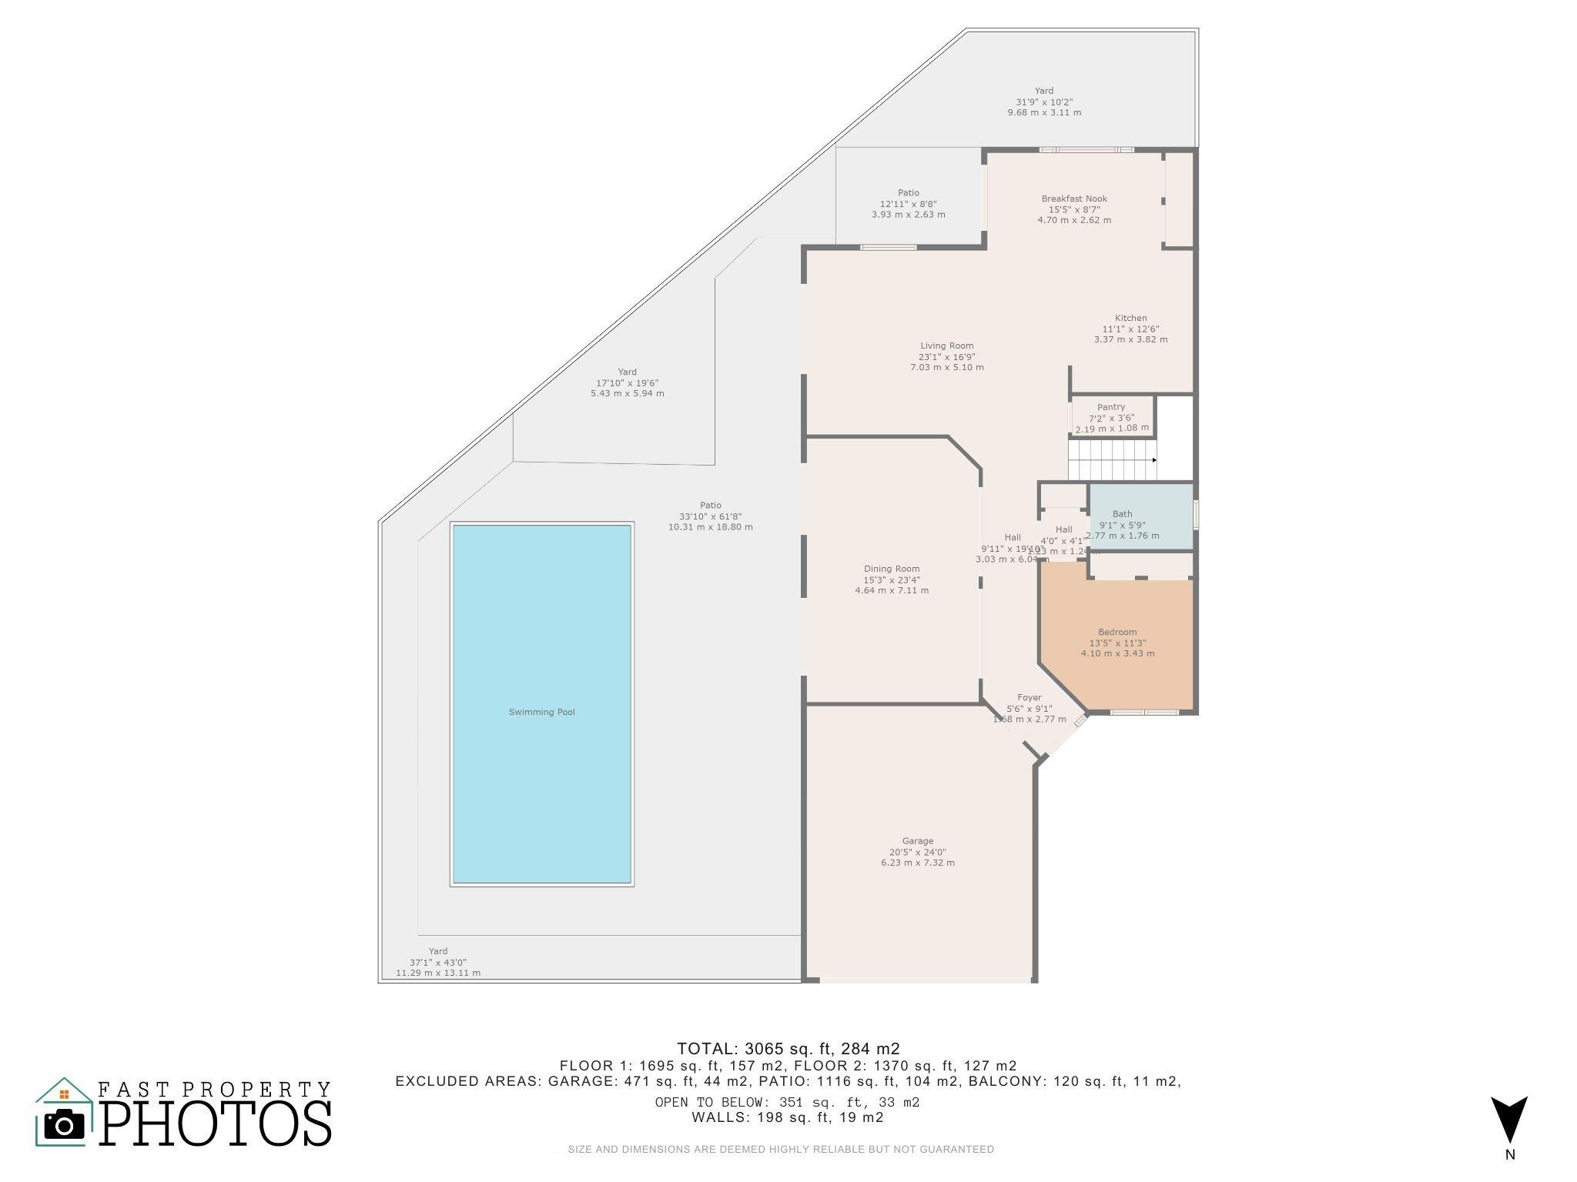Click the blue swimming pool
542,704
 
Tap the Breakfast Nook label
1074,209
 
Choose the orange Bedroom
1117,643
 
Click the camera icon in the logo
65,1126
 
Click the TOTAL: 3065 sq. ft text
788,1048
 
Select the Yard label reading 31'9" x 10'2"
1044,102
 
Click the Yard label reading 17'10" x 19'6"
627,382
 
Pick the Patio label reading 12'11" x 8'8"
908,204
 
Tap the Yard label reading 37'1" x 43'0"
437,962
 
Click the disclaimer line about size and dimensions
781,1150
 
